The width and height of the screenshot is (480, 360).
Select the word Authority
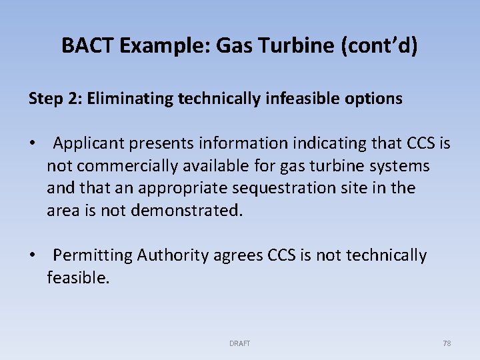(x=179, y=255)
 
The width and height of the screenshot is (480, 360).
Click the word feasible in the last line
(x=77, y=278)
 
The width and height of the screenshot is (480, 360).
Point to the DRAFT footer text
(x=239, y=343)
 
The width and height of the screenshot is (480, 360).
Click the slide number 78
(x=447, y=343)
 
